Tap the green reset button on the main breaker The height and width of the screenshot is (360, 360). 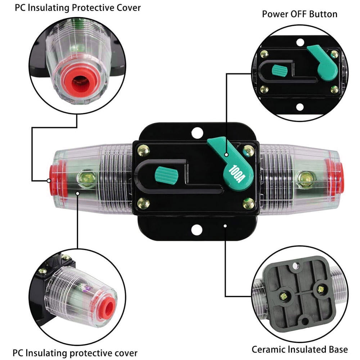167,175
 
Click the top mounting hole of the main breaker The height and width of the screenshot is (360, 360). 197,132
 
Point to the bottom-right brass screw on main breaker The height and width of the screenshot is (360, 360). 248,203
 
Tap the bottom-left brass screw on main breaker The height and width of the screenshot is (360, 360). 144,203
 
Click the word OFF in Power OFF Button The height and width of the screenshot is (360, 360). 300,14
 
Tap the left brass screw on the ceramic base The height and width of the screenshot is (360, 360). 284,296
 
